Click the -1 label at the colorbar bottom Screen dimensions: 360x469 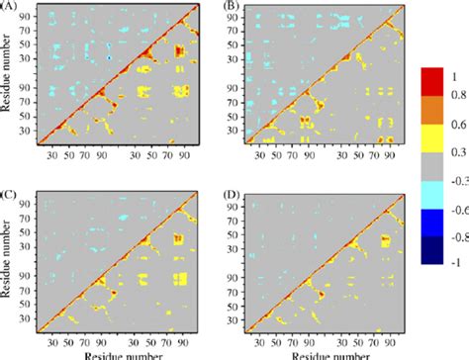point(454,259)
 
